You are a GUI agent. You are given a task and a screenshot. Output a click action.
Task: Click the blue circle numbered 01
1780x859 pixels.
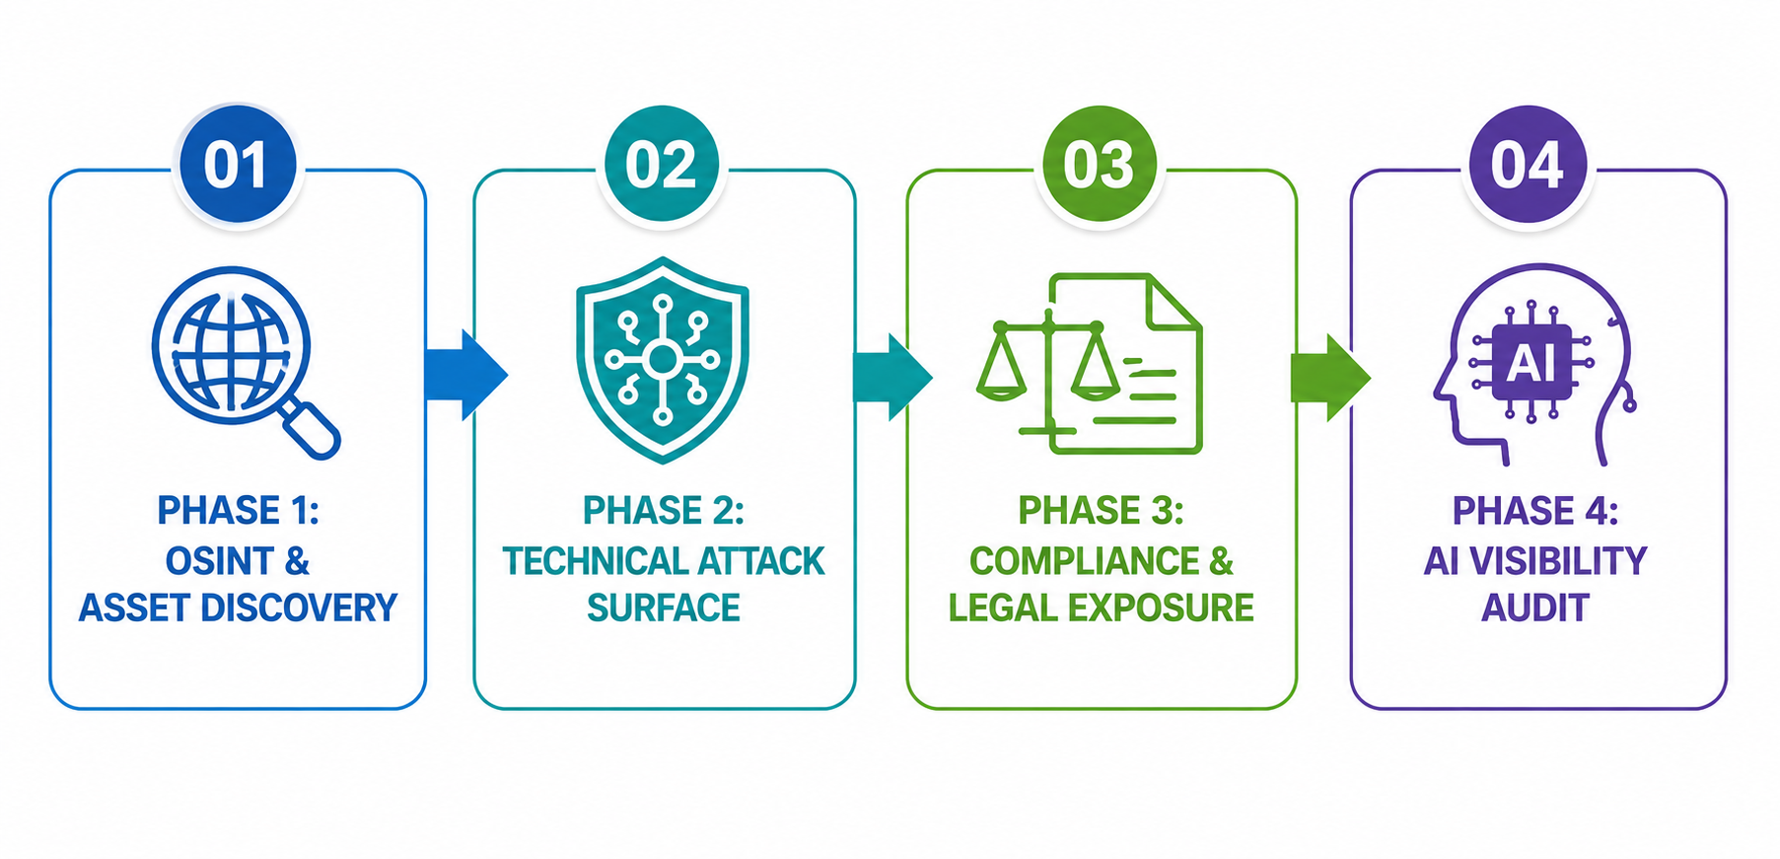(238, 164)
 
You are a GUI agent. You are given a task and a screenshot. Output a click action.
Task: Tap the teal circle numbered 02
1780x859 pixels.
(662, 164)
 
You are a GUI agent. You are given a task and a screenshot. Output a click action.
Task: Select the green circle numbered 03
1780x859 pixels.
(1100, 164)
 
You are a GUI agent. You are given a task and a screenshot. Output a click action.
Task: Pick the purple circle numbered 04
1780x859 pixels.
(1528, 164)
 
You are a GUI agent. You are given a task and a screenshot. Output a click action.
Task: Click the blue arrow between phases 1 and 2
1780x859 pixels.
(466, 375)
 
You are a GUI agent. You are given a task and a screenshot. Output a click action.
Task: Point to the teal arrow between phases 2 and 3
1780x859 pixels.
(892, 376)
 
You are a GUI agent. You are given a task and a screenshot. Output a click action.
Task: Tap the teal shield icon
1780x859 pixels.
(663, 360)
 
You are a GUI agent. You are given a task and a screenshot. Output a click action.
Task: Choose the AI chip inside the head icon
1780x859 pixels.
(1531, 363)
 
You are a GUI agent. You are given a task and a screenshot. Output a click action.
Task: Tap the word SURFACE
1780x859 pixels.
(664, 608)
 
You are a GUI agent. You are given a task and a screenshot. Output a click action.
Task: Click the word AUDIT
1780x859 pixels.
(1535, 608)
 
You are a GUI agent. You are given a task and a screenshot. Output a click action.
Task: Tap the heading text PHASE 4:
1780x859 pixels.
(1535, 511)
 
